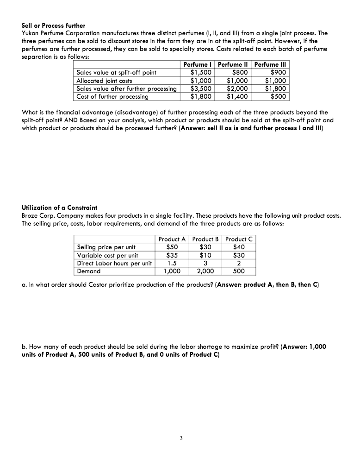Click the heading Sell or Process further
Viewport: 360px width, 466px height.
[x=54, y=25]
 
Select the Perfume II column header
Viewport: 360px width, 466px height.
[x=233, y=65]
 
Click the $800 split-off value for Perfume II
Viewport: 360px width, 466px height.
[x=240, y=72]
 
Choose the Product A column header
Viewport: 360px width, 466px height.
[x=172, y=239]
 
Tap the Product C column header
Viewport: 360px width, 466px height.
[x=239, y=239]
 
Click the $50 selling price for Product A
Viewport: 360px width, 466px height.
[x=172, y=247]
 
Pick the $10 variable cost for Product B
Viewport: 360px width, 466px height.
[x=205, y=255]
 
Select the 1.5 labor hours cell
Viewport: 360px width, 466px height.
[x=172, y=263]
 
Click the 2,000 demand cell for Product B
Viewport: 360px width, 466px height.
[x=205, y=271]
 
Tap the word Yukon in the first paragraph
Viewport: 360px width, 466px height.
[x=31, y=33]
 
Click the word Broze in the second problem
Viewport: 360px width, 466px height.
[x=31, y=215]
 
